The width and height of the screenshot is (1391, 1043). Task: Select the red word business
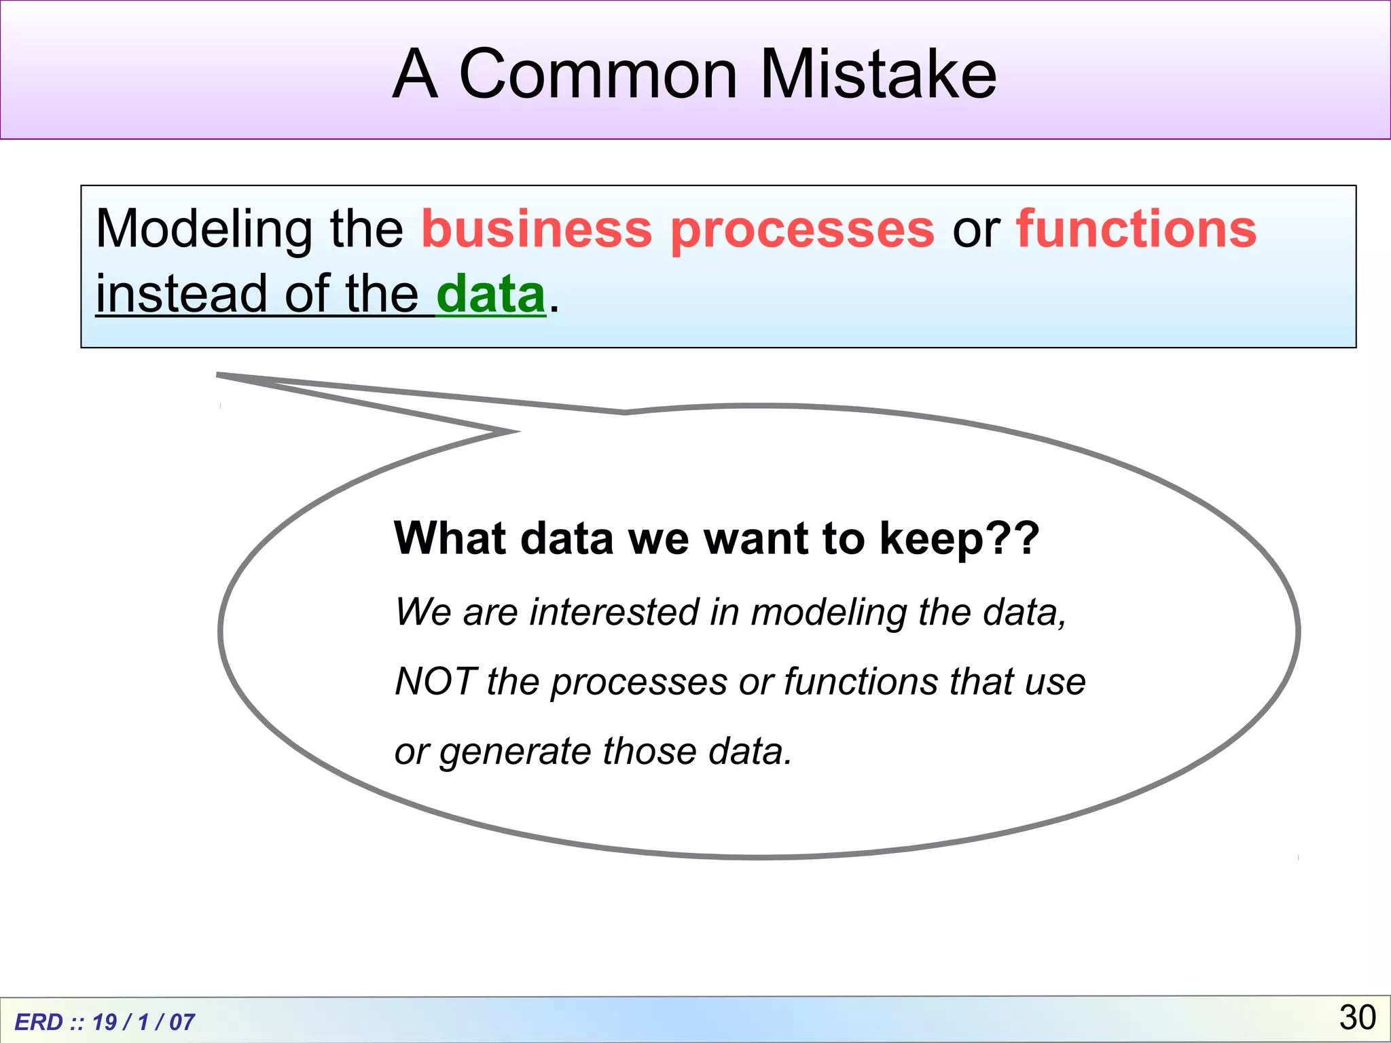(x=537, y=229)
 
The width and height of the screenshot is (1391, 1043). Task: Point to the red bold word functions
(x=1136, y=229)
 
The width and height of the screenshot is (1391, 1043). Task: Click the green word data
(x=490, y=294)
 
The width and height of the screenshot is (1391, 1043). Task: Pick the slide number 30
(x=1357, y=1017)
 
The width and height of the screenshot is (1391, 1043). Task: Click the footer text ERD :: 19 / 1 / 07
(x=105, y=1022)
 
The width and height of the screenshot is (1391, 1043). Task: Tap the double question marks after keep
(x=1012, y=538)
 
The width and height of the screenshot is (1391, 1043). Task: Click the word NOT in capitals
(x=435, y=681)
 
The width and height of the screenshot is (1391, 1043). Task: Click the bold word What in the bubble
(x=449, y=538)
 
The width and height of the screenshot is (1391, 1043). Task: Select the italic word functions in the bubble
(x=860, y=681)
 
